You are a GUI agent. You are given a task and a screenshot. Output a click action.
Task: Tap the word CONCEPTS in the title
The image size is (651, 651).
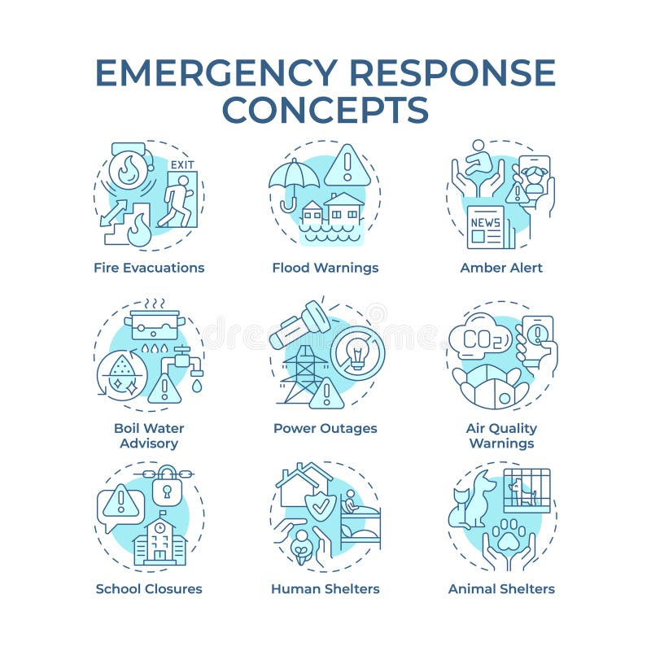(x=325, y=109)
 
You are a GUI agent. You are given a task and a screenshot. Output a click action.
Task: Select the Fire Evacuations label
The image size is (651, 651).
(x=149, y=268)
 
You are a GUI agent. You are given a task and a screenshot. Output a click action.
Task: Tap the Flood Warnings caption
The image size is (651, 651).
(x=325, y=268)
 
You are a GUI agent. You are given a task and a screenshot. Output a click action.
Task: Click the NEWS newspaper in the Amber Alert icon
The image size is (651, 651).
(x=486, y=225)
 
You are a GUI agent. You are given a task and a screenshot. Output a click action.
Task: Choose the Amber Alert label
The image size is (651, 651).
(x=501, y=268)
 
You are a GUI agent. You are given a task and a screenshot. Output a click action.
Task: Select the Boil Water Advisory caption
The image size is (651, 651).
(x=149, y=435)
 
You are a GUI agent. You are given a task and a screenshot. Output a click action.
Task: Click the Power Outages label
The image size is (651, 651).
(x=325, y=428)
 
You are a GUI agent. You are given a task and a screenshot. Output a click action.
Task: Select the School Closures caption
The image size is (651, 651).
(x=149, y=588)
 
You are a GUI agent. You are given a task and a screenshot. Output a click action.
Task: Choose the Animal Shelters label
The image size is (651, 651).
(x=501, y=588)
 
